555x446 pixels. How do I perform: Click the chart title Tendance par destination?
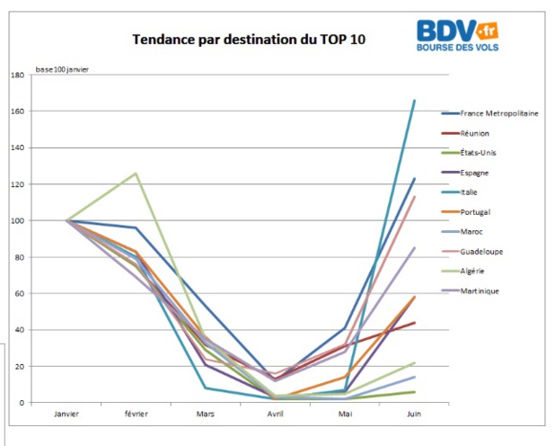tap(250, 40)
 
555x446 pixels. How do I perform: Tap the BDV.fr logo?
tap(457, 35)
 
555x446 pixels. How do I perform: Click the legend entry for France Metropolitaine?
tap(498, 113)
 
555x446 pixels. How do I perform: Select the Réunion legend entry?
tap(476, 133)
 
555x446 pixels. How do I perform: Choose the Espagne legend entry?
tap(476, 173)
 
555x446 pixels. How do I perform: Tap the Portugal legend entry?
tap(476, 212)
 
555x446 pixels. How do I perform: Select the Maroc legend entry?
tap(473, 232)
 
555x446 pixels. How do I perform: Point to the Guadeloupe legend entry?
tap(481, 252)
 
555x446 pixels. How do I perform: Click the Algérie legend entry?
tap(474, 272)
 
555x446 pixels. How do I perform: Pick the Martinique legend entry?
tap(480, 290)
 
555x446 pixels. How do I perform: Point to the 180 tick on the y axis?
tap(18, 76)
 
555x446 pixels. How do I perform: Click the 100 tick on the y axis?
tap(18, 220)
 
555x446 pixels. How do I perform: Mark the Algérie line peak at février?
tap(137, 174)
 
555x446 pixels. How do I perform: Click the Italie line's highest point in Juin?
tap(415, 101)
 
